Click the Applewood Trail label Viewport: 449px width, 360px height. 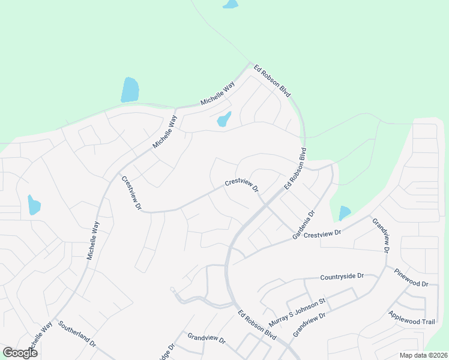click(411, 318)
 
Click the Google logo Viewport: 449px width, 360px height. click(20, 353)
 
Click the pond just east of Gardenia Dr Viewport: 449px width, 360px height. click(345, 213)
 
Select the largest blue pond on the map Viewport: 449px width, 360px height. click(130, 90)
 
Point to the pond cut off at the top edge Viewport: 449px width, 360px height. click(230, 4)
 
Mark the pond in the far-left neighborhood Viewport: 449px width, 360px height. click(34, 205)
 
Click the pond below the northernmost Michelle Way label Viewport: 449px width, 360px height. click(223, 119)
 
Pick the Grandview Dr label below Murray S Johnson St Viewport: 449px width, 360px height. click(309, 324)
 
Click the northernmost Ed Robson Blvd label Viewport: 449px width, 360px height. click(272, 81)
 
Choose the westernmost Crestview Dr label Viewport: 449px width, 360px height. click(131, 193)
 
